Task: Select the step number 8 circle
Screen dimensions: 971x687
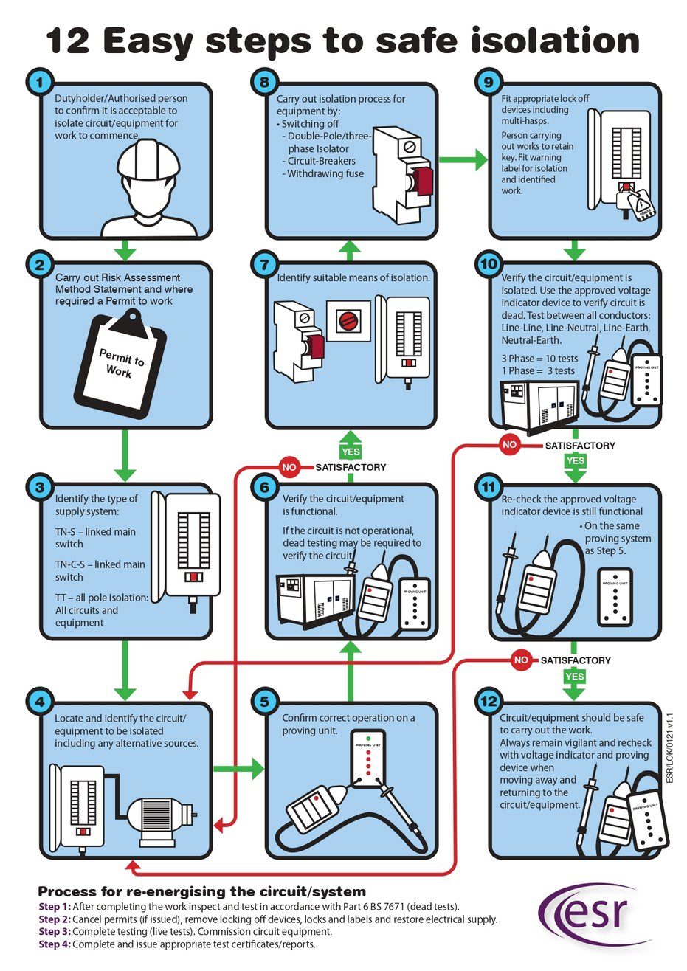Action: pos(263,82)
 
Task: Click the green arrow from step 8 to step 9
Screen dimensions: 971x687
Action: pos(458,158)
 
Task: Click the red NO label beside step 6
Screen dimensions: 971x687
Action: pos(290,466)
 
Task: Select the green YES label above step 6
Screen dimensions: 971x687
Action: pos(351,451)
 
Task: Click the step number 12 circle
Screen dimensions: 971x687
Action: pos(489,702)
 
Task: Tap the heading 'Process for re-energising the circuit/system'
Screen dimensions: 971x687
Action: pos(201,891)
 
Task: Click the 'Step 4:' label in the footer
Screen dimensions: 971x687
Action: pos(55,944)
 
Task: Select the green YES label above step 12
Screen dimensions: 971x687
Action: pos(573,676)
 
